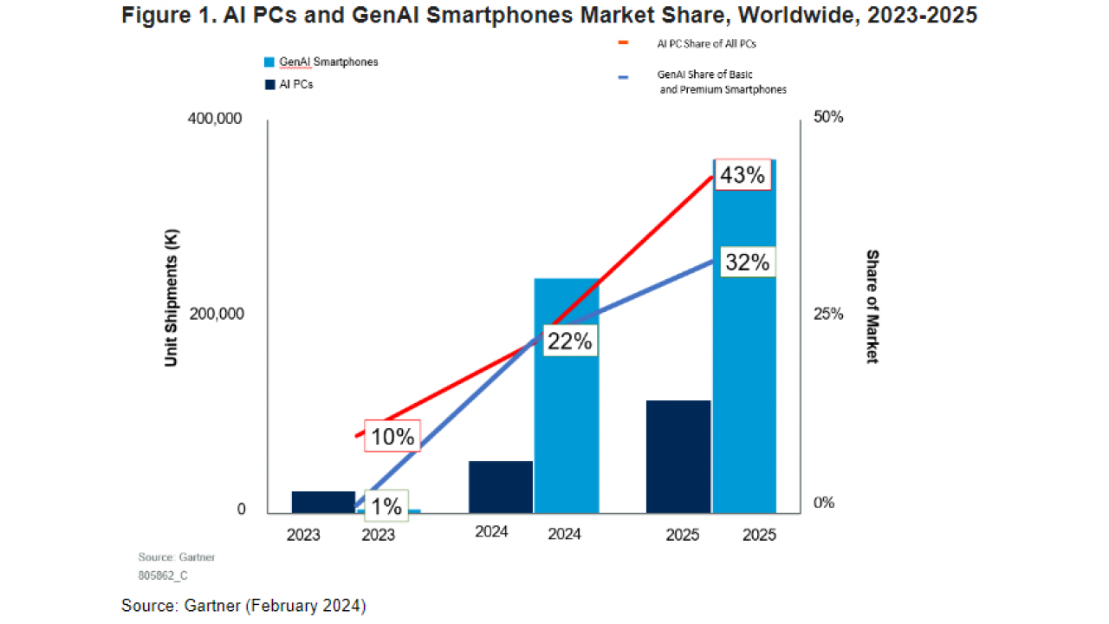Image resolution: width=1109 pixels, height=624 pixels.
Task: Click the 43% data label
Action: [743, 176]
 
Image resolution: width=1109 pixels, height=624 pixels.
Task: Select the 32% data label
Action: [747, 263]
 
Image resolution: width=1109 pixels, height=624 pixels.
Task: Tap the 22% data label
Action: [569, 341]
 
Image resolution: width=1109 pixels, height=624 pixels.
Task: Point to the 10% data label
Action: [392, 437]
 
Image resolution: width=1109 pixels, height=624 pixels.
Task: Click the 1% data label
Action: [383, 504]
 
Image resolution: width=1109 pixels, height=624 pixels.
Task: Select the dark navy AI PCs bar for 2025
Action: [678, 456]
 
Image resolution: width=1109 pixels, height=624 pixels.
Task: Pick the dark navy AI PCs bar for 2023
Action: [323, 502]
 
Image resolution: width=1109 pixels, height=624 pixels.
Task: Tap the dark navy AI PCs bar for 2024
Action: [501, 486]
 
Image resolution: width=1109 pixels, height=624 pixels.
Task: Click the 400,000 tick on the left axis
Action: [217, 118]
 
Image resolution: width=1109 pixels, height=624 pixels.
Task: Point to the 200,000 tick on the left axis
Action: [217, 314]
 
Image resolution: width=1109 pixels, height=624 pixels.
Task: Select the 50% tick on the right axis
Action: [827, 117]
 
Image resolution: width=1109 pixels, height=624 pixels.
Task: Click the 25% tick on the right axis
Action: [827, 314]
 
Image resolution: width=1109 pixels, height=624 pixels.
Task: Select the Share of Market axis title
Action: [872, 307]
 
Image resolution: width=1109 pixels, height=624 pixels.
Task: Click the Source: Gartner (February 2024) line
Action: [243, 606]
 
